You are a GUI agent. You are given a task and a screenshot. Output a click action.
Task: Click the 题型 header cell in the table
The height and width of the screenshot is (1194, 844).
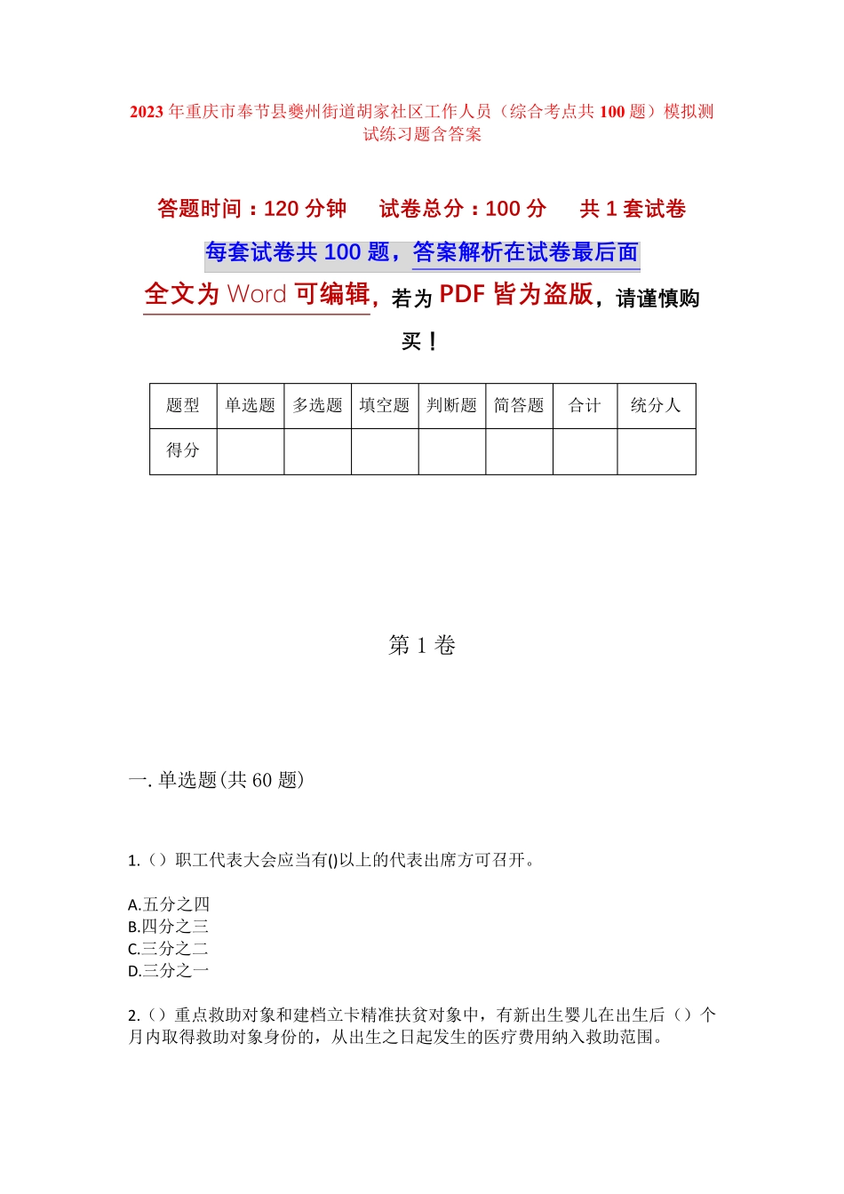point(183,406)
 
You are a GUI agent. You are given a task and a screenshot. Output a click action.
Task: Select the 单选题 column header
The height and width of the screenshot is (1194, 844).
point(250,406)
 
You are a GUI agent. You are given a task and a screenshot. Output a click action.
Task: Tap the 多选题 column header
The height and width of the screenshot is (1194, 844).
point(317,406)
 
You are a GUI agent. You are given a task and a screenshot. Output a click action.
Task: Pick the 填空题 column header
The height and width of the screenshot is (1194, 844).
point(385,406)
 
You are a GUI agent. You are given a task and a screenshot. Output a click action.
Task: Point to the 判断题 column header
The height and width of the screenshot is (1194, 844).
point(451,406)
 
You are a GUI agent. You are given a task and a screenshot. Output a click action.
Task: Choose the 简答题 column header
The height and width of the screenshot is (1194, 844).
point(519,406)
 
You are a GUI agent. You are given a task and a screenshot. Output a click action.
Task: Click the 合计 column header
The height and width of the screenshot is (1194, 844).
point(585,406)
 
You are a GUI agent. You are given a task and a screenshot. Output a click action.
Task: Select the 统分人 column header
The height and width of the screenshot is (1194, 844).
point(656,406)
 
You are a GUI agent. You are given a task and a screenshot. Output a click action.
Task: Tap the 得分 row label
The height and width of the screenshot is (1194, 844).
point(183,451)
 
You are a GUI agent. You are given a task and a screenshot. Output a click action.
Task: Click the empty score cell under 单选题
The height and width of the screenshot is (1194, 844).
point(250,451)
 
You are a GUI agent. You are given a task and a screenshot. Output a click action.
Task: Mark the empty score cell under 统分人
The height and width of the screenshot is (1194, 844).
point(656,451)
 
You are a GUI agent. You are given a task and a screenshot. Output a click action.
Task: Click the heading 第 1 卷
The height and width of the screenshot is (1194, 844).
point(422,646)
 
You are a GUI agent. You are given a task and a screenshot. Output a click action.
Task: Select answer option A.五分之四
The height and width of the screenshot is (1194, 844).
point(169,904)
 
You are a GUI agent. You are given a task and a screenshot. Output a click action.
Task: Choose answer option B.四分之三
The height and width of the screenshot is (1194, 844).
point(169,927)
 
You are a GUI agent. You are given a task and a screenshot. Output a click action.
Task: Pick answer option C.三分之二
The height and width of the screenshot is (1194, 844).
point(169,949)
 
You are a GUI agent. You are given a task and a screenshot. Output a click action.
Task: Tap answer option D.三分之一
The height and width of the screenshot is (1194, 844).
point(169,971)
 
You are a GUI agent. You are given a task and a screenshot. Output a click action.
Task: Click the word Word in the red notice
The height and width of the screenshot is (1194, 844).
point(257,294)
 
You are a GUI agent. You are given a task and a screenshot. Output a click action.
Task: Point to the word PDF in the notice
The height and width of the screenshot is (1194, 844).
point(462,294)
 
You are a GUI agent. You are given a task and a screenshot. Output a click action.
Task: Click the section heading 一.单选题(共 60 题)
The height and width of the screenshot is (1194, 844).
point(216,780)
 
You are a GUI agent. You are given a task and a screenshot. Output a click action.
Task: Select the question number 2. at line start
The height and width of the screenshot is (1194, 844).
point(134,1015)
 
